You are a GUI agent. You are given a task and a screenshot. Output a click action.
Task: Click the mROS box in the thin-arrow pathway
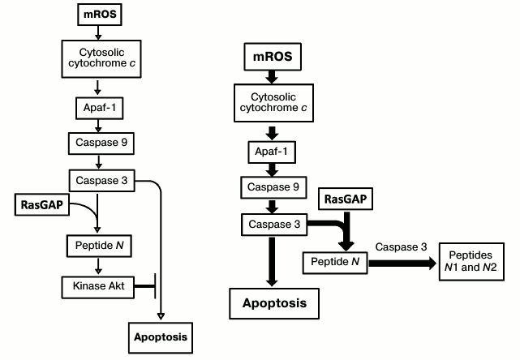coord(97,14)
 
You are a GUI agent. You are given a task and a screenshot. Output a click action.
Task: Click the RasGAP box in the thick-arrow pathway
coord(344,199)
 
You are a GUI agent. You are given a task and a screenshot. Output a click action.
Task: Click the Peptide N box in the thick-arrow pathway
coord(334,262)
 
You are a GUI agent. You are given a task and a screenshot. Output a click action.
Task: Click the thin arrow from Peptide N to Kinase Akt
coord(97,264)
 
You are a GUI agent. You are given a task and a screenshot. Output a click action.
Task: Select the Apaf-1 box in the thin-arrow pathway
coord(97,105)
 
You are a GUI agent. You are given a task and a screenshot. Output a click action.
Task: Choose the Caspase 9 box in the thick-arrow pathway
coord(273,187)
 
